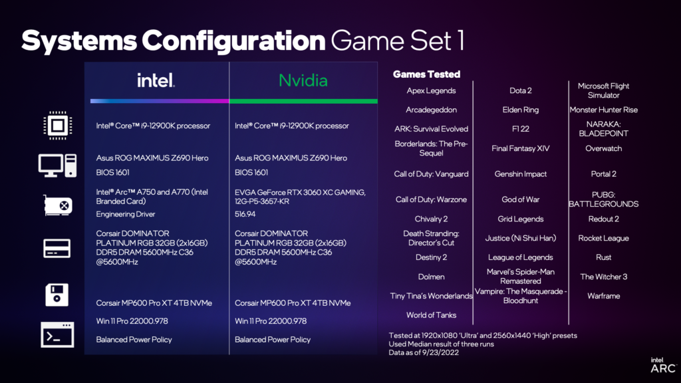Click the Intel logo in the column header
[x=156, y=80]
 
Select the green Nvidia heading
[x=303, y=80]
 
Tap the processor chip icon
[x=57, y=126]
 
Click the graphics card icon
[x=58, y=205]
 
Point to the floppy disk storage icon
[x=57, y=295]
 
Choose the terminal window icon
[x=57, y=335]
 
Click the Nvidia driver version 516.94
[x=245, y=214]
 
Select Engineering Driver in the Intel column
[x=126, y=214]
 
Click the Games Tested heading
[x=426, y=74]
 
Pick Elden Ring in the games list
[x=520, y=110]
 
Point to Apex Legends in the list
[x=431, y=90]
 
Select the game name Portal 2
[x=604, y=174]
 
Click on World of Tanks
[x=431, y=315]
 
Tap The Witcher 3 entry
[x=604, y=277]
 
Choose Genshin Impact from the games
[x=520, y=174]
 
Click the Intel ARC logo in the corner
[x=663, y=365]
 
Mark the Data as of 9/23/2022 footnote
[x=424, y=352]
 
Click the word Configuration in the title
[x=233, y=41]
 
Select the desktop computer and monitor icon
[x=57, y=166]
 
